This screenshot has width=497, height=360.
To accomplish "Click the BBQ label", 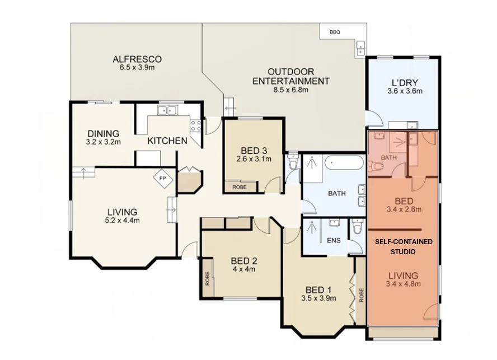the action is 335,32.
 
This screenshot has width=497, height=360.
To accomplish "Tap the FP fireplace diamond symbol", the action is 163,179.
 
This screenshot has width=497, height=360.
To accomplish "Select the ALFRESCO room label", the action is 137,59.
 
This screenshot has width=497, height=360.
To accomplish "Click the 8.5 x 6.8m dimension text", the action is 290,90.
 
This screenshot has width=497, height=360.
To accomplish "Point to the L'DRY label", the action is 405,83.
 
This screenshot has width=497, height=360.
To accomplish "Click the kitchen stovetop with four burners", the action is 195,125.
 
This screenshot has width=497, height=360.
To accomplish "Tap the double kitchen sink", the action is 167,110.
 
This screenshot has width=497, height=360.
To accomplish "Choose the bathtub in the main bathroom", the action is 344,163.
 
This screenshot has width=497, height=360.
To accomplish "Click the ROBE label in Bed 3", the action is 240,187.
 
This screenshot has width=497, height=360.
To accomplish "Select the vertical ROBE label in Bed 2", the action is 208,278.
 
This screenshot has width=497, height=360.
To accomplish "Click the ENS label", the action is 334,241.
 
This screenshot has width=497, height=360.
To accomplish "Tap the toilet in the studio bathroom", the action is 375,166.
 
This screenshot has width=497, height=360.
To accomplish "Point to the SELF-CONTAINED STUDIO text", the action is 404,246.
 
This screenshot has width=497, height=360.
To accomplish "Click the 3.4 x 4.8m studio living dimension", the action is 403,284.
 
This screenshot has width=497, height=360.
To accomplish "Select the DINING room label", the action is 104,134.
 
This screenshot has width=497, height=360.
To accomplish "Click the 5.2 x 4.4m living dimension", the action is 123,221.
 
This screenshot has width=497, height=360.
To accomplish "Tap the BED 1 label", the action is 318,290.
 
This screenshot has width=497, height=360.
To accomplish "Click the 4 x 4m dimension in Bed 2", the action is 244,270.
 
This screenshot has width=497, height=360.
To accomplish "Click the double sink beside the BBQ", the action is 360,49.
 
